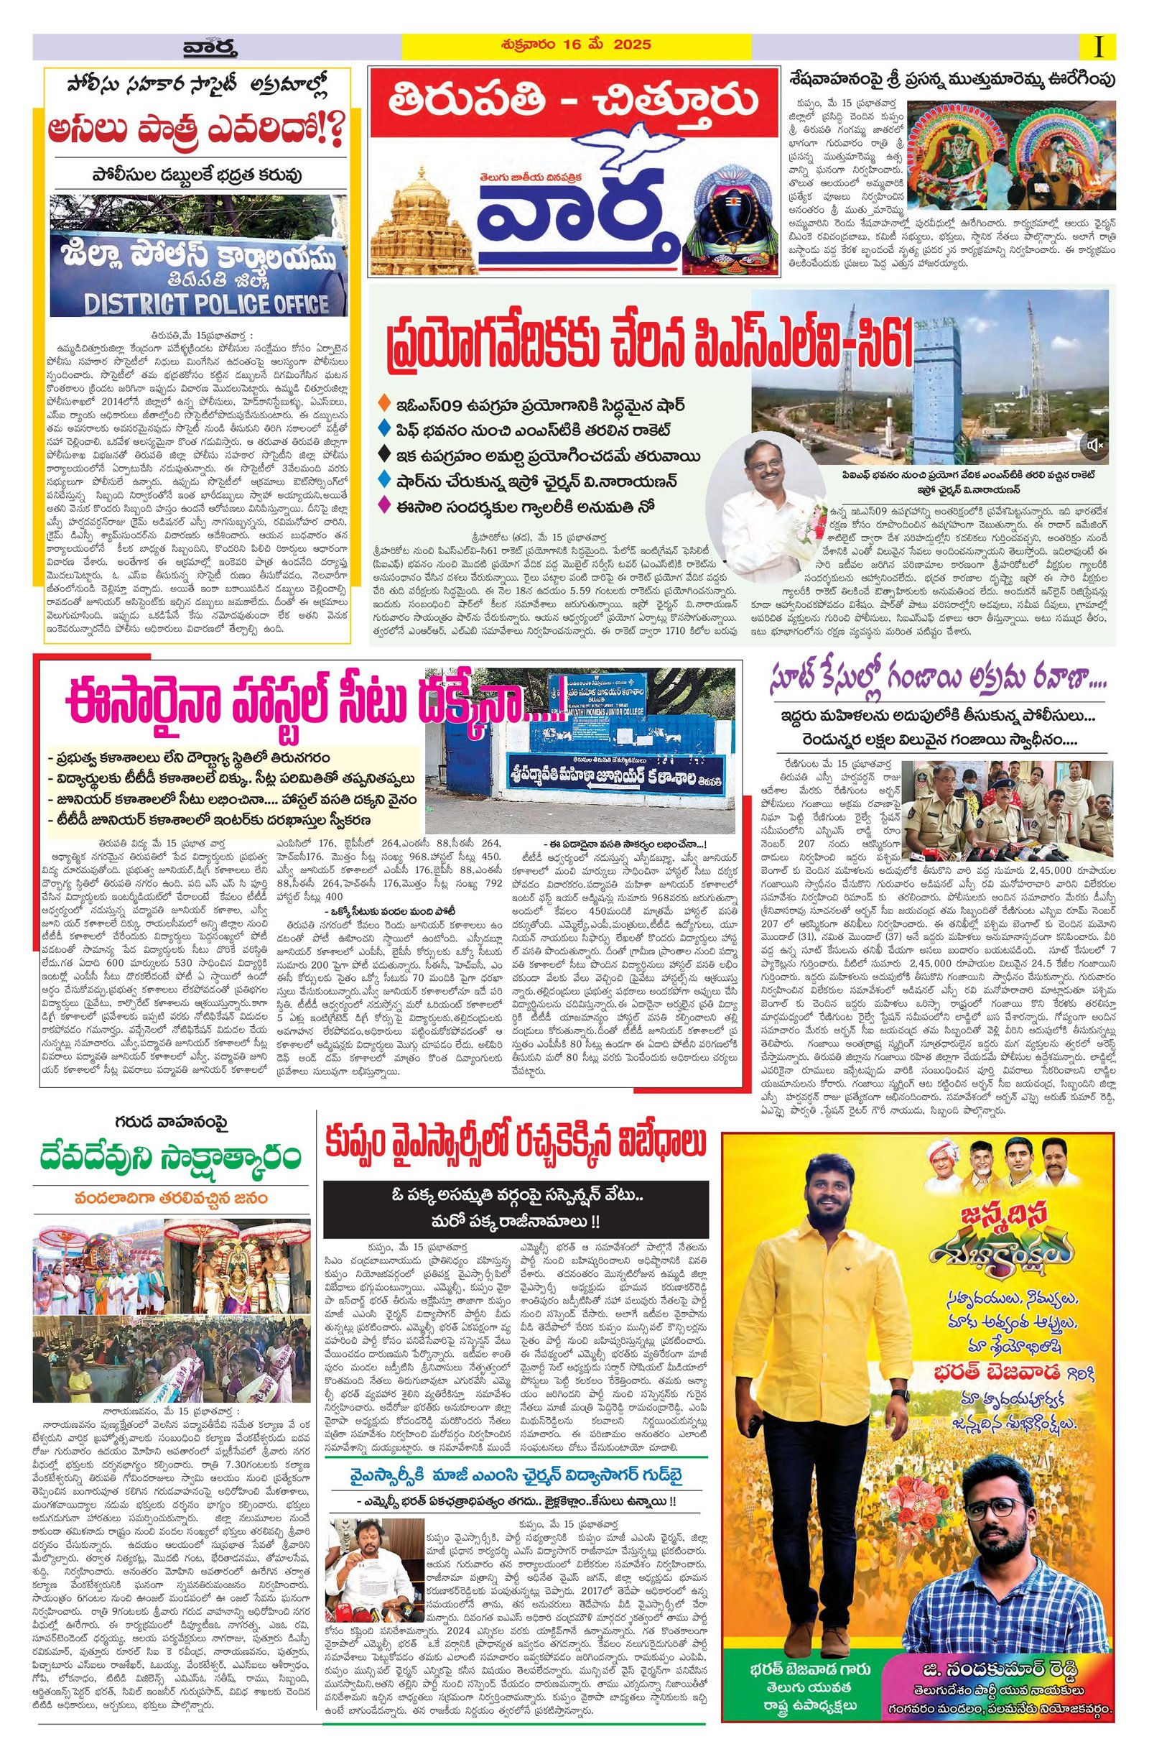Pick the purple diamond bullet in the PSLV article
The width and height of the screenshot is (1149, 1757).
click(x=381, y=507)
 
